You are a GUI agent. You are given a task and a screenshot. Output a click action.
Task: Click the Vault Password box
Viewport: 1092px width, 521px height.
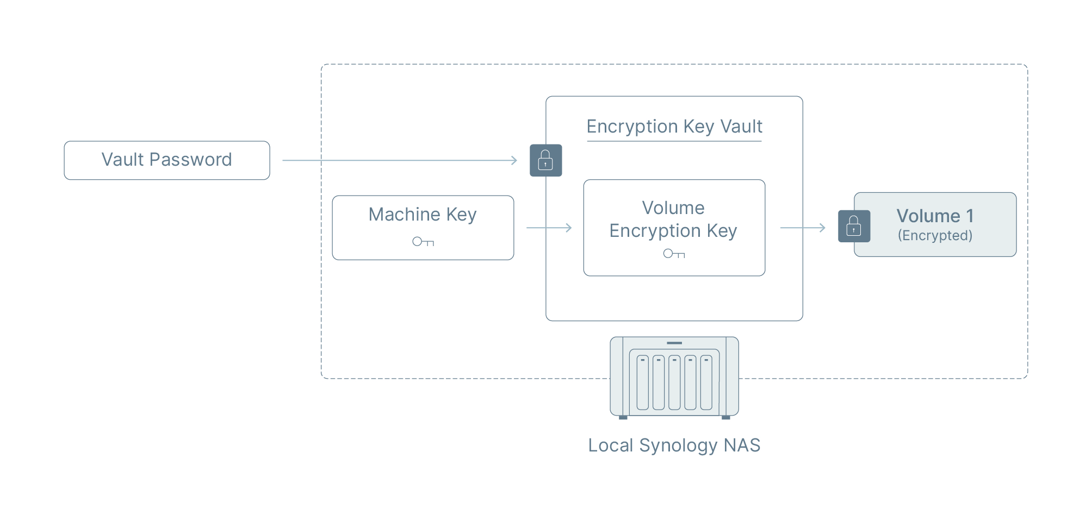pos(166,160)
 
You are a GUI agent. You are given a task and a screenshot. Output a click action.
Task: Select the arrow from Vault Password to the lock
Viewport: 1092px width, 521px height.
pos(400,160)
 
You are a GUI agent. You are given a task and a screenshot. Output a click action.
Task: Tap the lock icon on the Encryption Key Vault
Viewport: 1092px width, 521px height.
pos(545,160)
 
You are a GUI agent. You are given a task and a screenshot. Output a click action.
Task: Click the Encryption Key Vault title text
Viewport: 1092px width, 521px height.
pos(674,127)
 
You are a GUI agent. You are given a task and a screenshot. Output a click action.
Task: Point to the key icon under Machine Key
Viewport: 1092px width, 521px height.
pos(423,242)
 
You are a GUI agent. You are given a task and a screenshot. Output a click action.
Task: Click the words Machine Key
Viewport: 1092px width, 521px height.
pos(423,215)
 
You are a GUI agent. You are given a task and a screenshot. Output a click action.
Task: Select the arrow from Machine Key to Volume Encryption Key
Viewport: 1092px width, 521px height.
pos(549,228)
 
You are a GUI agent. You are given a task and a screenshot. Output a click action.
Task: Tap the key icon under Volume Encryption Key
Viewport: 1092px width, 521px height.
pos(674,254)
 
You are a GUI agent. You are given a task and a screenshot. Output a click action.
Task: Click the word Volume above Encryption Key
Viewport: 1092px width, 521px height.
pos(673,208)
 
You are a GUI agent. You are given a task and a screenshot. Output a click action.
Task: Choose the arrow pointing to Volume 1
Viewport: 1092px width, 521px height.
pos(803,228)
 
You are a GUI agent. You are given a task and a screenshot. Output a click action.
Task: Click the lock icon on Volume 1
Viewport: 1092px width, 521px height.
pos(854,226)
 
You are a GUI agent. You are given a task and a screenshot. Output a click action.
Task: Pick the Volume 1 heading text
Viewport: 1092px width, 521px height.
pos(935,216)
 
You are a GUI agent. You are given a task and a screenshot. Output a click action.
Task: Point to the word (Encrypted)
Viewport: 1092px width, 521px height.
pos(935,236)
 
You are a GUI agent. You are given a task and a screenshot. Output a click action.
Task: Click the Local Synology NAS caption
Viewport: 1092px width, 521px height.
pos(674,445)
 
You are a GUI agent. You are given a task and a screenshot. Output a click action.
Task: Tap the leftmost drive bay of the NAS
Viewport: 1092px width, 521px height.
pos(643,382)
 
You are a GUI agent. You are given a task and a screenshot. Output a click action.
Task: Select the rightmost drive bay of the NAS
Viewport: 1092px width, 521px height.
pos(706,382)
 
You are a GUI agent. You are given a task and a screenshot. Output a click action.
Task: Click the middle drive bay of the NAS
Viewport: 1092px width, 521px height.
pos(674,382)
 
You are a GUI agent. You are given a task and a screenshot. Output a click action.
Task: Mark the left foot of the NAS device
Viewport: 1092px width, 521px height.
pos(623,417)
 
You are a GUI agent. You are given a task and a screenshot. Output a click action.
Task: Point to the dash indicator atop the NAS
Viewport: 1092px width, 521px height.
pos(674,343)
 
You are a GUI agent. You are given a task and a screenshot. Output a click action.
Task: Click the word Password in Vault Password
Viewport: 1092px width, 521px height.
pos(190,160)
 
